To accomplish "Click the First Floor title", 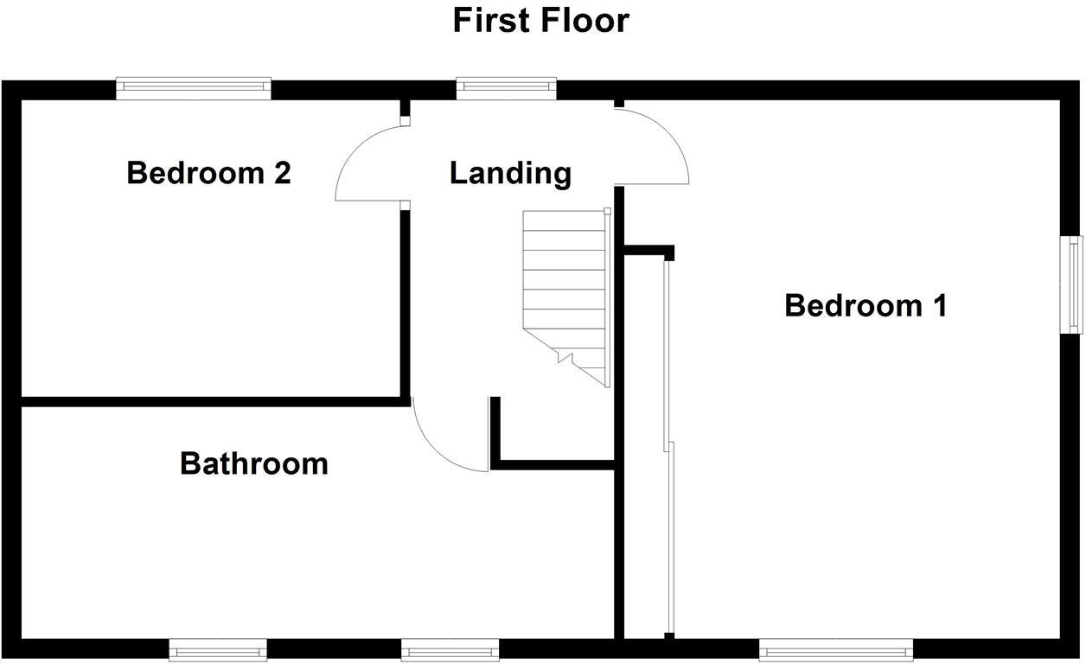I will [x=541, y=20].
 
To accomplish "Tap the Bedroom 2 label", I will [x=208, y=173].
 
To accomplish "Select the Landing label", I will [x=510, y=173].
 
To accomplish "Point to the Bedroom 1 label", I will [x=866, y=305].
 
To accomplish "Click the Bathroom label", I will [x=253, y=463].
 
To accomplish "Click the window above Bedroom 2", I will [x=194, y=87].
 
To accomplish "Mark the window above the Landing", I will [x=506, y=86].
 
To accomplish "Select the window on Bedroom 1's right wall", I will [x=1073, y=284].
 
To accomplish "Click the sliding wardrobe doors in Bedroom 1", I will [x=668, y=450].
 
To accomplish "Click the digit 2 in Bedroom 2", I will [x=282, y=173].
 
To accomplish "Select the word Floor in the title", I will [x=584, y=20].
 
